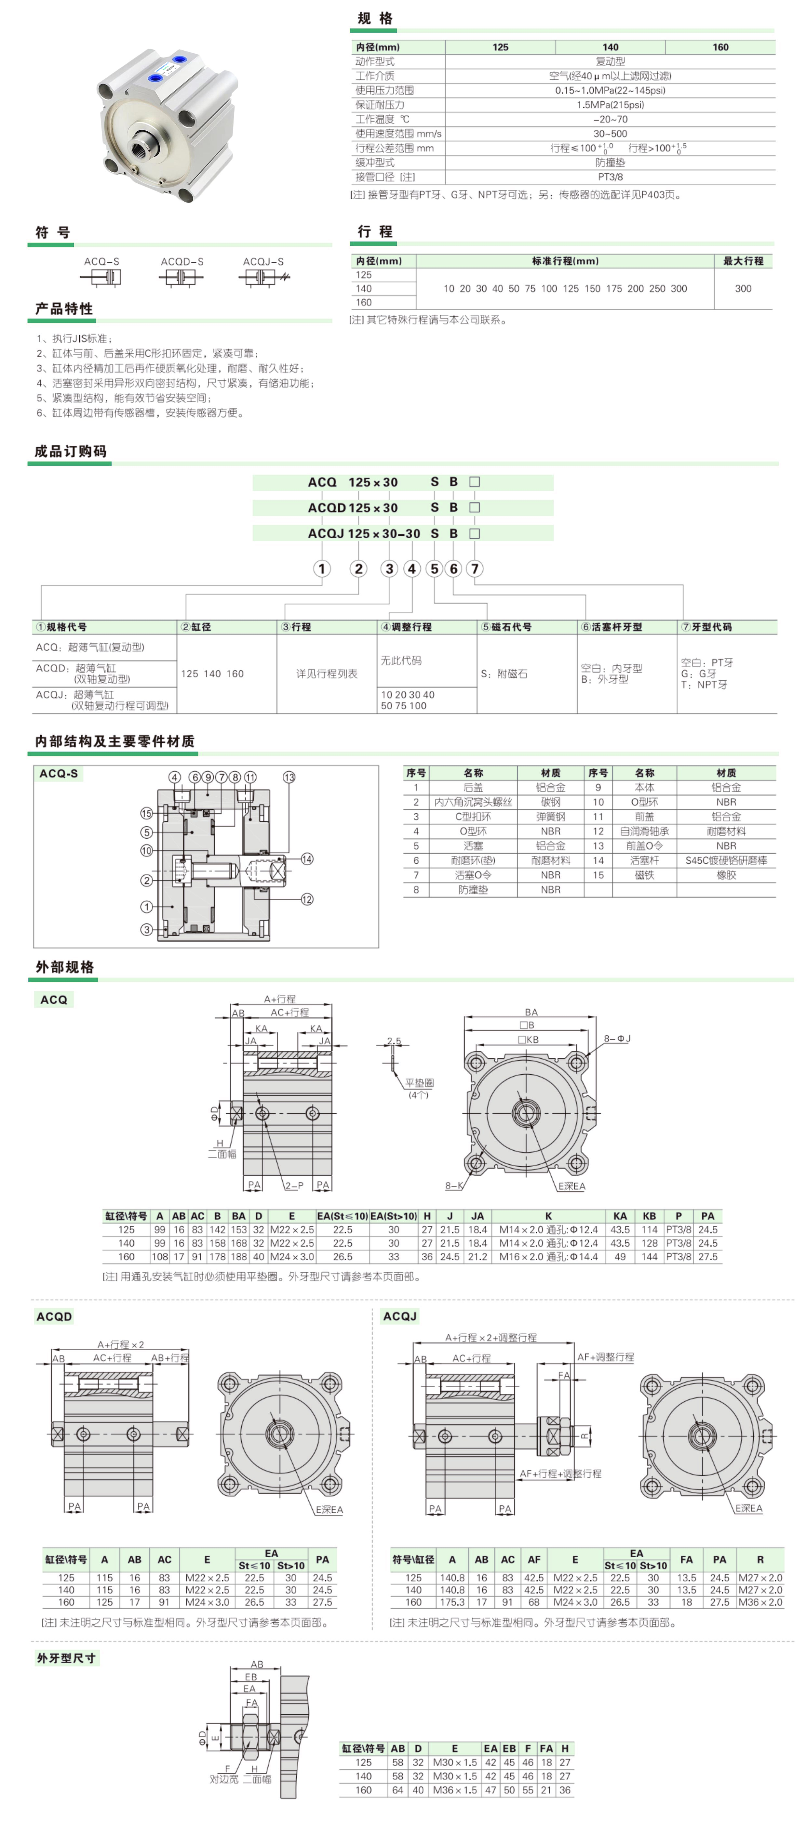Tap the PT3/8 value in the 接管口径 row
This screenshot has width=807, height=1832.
pos(610,177)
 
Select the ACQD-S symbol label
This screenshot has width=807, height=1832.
pos(182,262)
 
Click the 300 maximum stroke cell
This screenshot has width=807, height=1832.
pos(743,289)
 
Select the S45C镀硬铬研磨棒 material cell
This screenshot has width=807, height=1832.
pos(726,860)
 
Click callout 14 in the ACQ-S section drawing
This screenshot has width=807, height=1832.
pos(307,859)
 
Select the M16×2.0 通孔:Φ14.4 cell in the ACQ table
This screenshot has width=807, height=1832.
pos(548,1257)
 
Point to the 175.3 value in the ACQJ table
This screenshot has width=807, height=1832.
pos(452,1602)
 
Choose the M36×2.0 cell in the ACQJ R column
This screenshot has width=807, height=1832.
pos(760,1602)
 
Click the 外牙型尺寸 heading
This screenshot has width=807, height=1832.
pos(66,1658)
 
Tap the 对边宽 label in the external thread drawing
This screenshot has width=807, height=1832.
pos(223,1779)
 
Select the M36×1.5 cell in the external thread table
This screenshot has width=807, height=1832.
pos(454,1790)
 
